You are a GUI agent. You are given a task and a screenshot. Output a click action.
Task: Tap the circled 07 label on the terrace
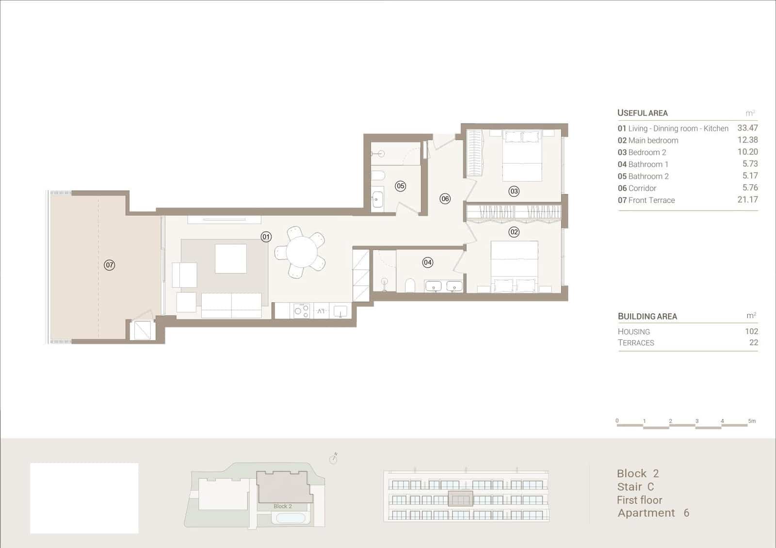point(110,265)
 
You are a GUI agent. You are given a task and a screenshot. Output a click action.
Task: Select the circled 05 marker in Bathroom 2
point(400,186)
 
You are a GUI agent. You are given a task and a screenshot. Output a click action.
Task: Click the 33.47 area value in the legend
point(747,128)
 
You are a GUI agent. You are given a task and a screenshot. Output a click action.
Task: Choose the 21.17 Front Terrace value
point(747,199)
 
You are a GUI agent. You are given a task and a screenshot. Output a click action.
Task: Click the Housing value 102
point(751,331)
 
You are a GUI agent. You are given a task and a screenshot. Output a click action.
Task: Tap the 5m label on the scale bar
point(752,421)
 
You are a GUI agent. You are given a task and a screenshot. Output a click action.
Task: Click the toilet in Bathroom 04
point(410,285)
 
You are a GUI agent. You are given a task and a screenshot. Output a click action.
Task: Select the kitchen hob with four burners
point(302,310)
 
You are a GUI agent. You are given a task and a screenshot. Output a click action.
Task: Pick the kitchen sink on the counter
point(340,310)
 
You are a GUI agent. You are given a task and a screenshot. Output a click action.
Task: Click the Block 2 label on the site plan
point(282,506)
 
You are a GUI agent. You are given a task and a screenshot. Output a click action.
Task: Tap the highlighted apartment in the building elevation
point(460,499)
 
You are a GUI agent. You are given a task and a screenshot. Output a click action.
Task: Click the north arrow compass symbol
point(333,458)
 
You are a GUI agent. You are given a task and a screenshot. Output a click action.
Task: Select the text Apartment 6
point(653,513)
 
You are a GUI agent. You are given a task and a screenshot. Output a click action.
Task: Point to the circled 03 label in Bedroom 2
point(514,191)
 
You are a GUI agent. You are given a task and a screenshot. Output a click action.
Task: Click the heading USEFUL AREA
point(642,113)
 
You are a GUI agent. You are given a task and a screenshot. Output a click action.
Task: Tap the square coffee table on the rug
point(230,258)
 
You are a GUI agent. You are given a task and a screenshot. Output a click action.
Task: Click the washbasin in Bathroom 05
point(377,199)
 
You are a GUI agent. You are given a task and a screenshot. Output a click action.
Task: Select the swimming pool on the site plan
point(291,518)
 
